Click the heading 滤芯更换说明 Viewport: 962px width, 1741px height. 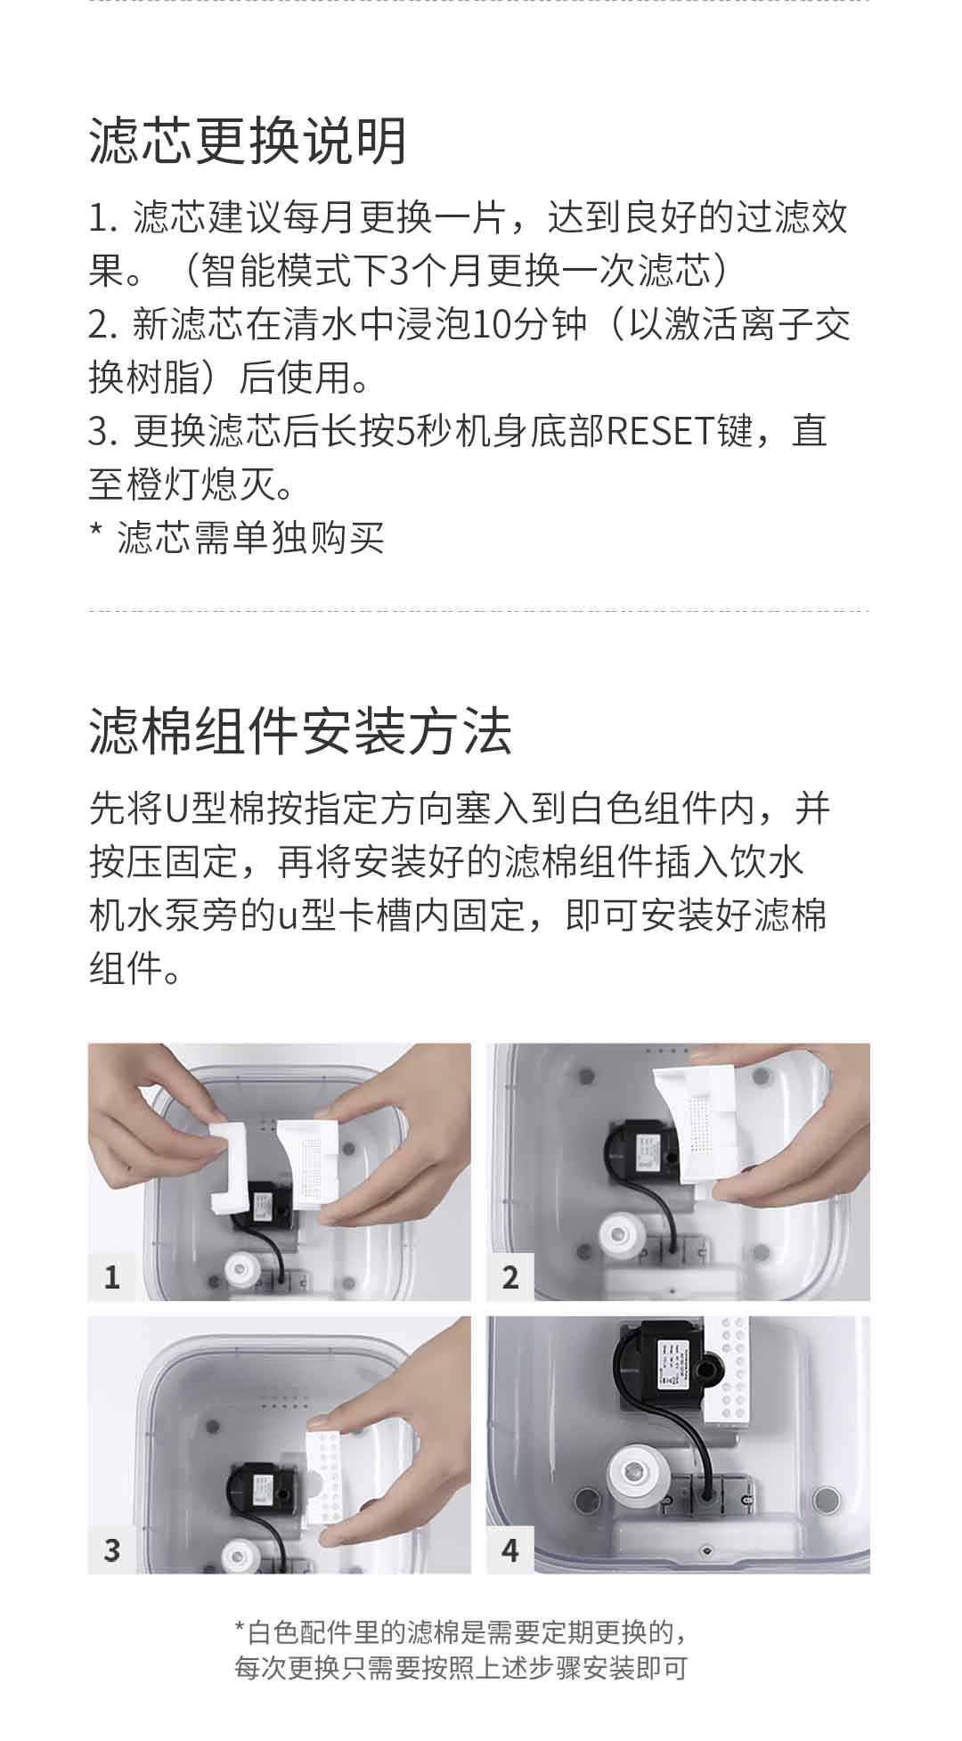click(x=249, y=141)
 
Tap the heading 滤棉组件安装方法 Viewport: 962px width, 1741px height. click(x=300, y=731)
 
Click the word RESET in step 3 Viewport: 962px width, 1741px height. click(x=660, y=431)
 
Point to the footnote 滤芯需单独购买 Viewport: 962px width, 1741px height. click(x=251, y=538)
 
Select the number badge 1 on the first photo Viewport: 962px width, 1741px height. click(x=111, y=1277)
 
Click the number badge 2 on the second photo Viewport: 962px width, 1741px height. click(x=510, y=1277)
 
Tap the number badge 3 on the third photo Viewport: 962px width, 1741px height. click(x=111, y=1550)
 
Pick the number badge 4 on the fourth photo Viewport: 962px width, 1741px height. click(x=510, y=1550)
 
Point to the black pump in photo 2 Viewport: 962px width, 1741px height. click(x=643, y=1154)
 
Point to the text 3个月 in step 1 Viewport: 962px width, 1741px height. click(x=420, y=271)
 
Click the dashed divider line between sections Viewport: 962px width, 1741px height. click(x=479, y=612)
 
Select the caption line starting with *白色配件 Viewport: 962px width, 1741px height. click(x=461, y=1632)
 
